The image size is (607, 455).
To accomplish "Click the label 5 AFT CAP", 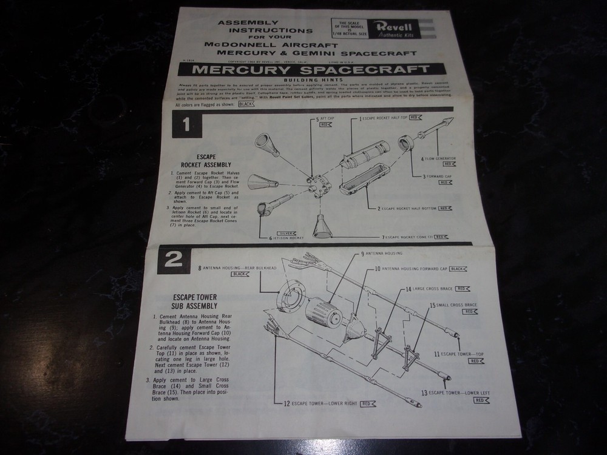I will pyautogui.click(x=327, y=120).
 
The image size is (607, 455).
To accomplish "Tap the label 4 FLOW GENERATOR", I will pyautogui.click(x=438, y=158).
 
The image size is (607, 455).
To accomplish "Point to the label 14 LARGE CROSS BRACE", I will pyautogui.click(x=429, y=289).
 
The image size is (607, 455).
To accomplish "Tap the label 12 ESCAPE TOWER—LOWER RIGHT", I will pyautogui.click(x=325, y=403).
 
